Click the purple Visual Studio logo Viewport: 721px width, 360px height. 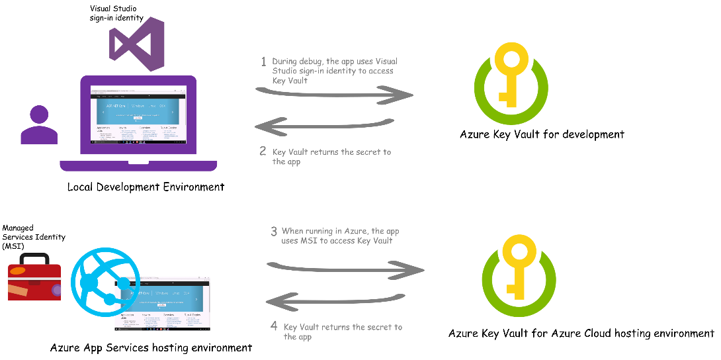click(x=137, y=44)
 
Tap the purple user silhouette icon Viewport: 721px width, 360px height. click(x=39, y=126)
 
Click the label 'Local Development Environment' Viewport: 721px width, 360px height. click(x=146, y=187)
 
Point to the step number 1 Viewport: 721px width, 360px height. click(x=263, y=62)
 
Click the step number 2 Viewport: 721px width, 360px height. click(x=263, y=152)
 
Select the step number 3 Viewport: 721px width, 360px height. click(x=273, y=232)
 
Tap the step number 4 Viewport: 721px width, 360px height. click(x=274, y=326)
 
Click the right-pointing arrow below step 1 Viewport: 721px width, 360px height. click(x=334, y=95)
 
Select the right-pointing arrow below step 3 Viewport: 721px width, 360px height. click(x=345, y=268)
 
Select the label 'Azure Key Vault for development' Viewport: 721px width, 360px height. click(x=542, y=134)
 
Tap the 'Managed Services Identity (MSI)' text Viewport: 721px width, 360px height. click(x=34, y=237)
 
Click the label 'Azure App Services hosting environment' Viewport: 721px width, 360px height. click(x=151, y=347)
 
